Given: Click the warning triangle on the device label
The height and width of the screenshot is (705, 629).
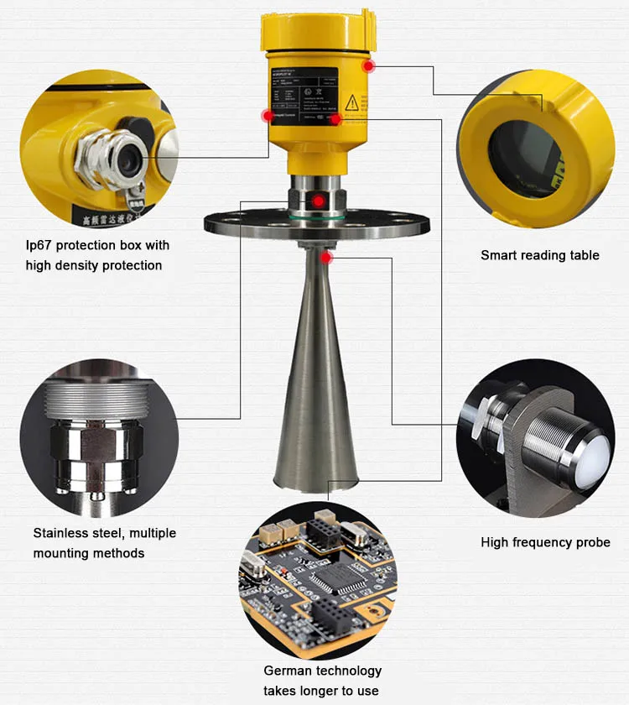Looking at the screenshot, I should point(352,102).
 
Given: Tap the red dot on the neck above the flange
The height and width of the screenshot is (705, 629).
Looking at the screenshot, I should point(318,201).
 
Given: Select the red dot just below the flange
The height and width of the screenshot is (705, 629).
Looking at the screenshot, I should point(327,257).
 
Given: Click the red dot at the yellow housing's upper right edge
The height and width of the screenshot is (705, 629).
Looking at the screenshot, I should point(366,65).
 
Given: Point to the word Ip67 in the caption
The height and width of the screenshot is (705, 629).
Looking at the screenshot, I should point(39,245).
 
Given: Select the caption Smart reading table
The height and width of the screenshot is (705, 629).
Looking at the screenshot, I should point(539,255).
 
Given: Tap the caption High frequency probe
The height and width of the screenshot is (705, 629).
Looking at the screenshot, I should point(545,542).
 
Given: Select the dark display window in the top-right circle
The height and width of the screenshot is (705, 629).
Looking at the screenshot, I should point(524,151).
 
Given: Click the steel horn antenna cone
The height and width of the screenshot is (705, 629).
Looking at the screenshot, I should point(317,378).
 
